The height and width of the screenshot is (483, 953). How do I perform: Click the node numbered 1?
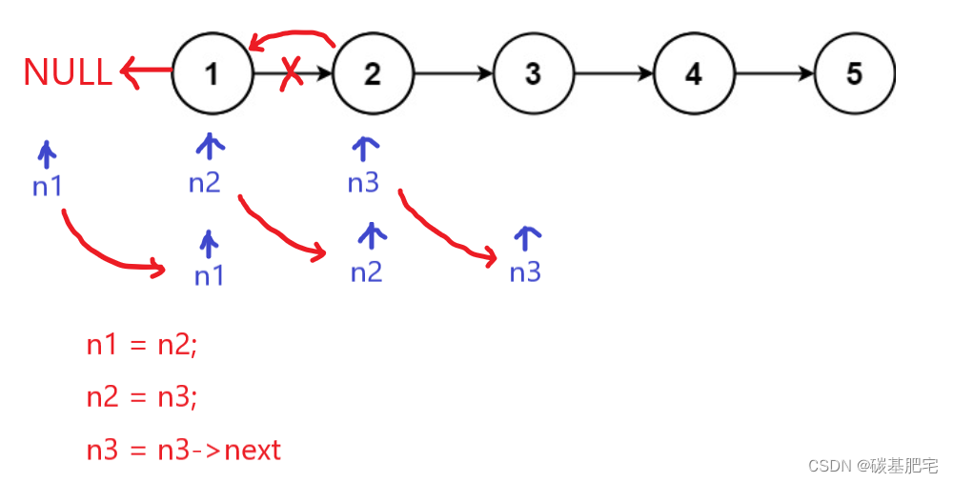[212, 73]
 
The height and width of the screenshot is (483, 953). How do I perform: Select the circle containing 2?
[373, 73]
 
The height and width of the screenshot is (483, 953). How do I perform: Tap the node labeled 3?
[533, 73]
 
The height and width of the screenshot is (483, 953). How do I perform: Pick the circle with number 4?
[694, 73]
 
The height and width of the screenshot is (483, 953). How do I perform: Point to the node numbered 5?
[855, 73]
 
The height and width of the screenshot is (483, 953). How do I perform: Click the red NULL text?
[67, 73]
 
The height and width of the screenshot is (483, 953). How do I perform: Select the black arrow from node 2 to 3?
[454, 73]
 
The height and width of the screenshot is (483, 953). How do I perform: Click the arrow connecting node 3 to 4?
[614, 73]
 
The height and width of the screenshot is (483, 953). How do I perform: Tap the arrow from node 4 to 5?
[775, 73]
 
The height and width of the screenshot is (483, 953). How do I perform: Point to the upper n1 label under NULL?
[47, 186]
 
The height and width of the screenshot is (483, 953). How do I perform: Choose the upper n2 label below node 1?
[204, 182]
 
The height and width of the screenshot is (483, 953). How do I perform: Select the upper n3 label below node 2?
[363, 182]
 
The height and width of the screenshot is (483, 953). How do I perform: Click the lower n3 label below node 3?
[525, 272]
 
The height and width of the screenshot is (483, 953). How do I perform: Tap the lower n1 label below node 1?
[209, 275]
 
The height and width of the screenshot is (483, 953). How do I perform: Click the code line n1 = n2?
[142, 345]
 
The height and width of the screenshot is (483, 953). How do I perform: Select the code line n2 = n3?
[142, 396]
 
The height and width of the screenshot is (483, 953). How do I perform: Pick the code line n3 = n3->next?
[184, 449]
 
